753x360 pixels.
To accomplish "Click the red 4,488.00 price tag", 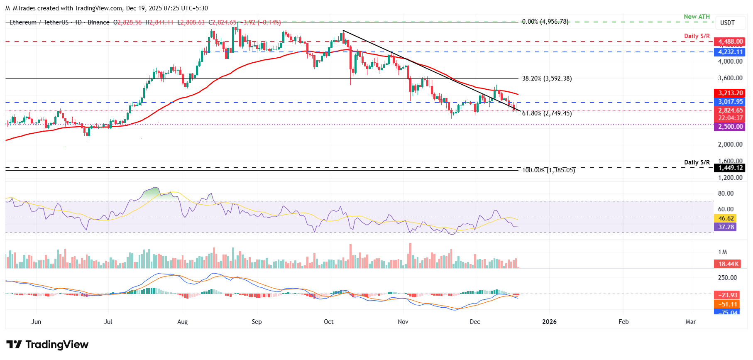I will [x=730, y=42].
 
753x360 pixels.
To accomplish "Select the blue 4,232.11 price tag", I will [x=730, y=52].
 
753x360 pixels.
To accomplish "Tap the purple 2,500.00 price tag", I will [x=730, y=127].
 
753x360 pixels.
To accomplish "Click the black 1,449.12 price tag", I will [x=730, y=168].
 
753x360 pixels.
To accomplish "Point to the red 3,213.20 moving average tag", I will [x=730, y=93].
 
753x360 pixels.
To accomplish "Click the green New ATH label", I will [x=697, y=17].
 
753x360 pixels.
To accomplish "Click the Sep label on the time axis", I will [x=257, y=322].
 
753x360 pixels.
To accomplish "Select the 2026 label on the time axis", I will [x=549, y=322].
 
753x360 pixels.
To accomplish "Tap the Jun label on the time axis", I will [x=36, y=322].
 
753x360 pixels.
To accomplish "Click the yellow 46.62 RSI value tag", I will [x=725, y=218].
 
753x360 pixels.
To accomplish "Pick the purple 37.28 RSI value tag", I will [x=725, y=227].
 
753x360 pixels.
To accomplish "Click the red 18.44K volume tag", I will [x=729, y=264].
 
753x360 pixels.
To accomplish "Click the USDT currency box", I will [x=727, y=23].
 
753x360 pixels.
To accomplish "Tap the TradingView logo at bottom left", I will [x=47, y=345].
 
